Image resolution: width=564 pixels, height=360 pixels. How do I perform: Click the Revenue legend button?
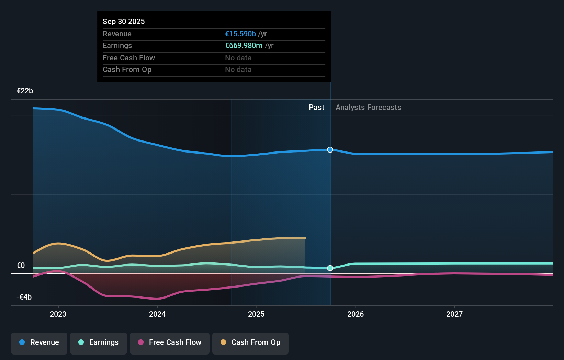click(x=39, y=342)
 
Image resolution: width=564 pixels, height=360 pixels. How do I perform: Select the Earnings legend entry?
click(x=99, y=342)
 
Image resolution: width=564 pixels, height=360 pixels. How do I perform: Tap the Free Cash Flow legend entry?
click(x=170, y=342)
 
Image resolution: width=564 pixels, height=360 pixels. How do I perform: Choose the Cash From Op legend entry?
click(x=250, y=342)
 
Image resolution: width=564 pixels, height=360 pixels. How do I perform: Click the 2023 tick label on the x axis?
click(x=58, y=314)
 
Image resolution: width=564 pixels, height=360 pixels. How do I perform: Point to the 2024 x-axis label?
click(x=157, y=314)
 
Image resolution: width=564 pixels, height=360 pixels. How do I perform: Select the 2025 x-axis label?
click(x=256, y=314)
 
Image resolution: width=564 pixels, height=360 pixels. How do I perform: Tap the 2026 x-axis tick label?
click(x=356, y=314)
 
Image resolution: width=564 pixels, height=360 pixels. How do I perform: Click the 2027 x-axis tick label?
click(x=454, y=314)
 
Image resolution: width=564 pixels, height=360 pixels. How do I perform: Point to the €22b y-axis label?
click(x=25, y=91)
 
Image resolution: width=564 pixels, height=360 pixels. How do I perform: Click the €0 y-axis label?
click(x=21, y=265)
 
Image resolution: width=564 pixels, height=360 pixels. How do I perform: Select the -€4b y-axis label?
click(x=24, y=297)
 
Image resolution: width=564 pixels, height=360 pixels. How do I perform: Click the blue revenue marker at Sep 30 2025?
click(x=330, y=150)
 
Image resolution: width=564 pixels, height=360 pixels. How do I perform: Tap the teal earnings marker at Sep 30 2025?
click(x=330, y=268)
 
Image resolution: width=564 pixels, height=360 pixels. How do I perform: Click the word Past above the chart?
click(x=316, y=108)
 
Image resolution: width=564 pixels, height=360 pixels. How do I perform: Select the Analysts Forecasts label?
click(x=368, y=108)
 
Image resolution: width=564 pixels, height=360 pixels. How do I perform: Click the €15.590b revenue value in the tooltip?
click(x=240, y=34)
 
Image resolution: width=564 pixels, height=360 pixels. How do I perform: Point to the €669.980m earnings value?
click(x=244, y=46)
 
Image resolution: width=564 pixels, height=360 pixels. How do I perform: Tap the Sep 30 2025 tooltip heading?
click(x=124, y=21)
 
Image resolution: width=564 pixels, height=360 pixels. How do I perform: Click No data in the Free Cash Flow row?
click(x=238, y=58)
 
